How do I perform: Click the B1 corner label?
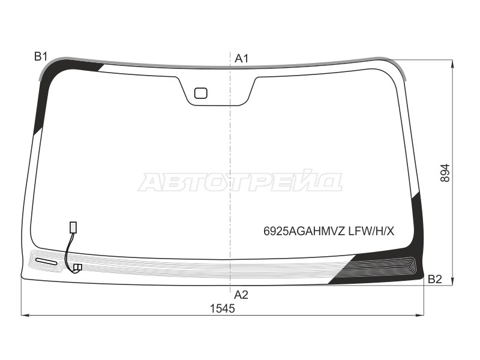click(40, 56)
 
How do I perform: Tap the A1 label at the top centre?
click(242, 58)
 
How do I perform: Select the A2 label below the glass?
click(241, 295)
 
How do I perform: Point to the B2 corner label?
click(434, 279)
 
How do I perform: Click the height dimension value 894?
click(445, 173)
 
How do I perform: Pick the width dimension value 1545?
click(222, 308)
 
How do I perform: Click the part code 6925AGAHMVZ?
click(305, 232)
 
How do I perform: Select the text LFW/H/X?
click(371, 232)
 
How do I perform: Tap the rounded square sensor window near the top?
click(201, 93)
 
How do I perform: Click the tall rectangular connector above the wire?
click(73, 227)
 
